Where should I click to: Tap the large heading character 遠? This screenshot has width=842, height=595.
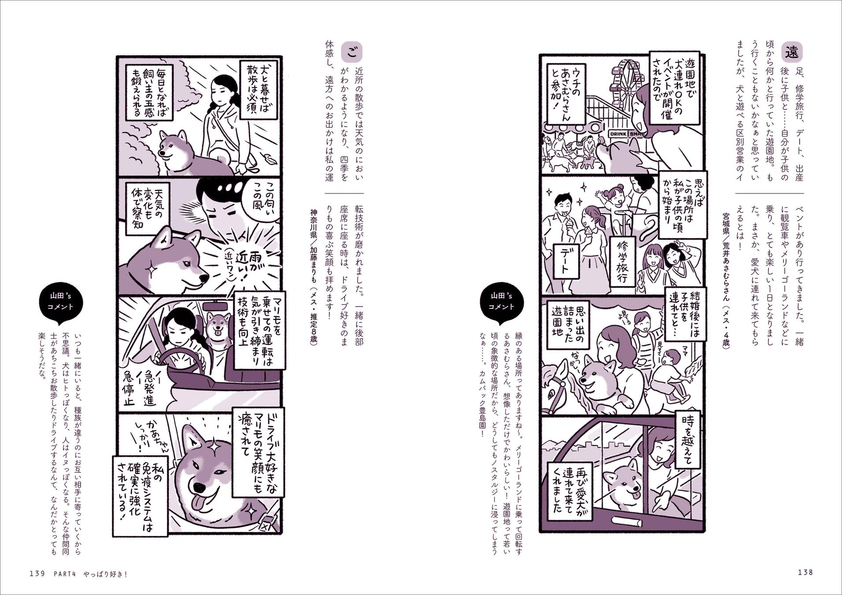coord(791,52)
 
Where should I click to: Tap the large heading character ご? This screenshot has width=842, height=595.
coord(351,52)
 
